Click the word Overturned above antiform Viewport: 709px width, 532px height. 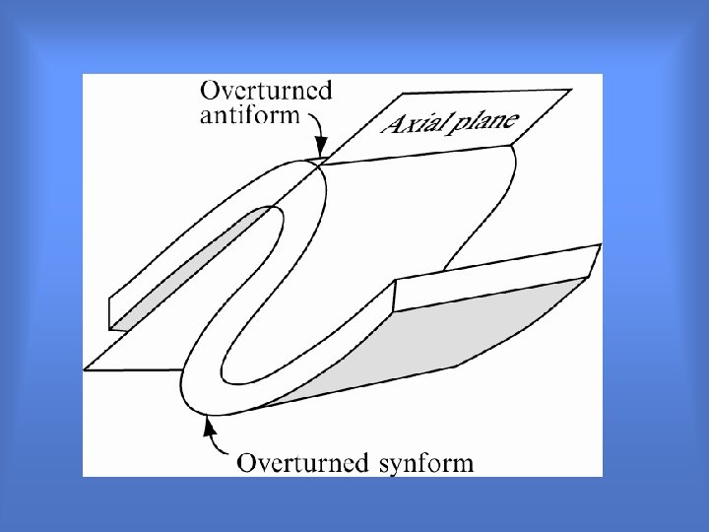(x=266, y=91)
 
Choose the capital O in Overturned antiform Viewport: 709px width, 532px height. (x=210, y=91)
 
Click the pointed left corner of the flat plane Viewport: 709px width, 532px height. (x=86, y=368)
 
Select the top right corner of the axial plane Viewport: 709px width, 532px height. (x=569, y=91)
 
